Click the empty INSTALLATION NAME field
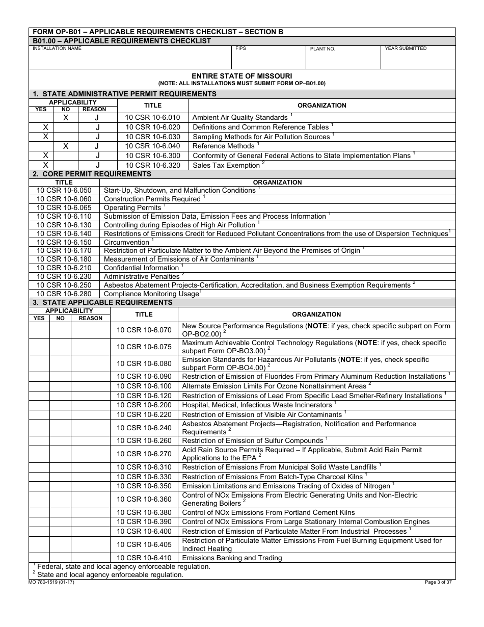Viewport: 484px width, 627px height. [130, 60]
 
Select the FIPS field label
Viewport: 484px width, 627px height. [240, 49]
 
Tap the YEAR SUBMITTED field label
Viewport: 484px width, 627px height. [406, 49]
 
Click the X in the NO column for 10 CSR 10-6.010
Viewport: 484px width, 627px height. [66, 117]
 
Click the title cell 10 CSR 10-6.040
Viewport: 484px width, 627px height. [153, 146]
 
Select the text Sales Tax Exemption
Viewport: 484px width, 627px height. [226, 166]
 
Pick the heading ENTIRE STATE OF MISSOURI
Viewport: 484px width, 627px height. [241, 76]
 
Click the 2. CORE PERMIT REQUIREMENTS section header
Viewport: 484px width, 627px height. [92, 174]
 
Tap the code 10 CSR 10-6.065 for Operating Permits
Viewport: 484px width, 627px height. [64, 208]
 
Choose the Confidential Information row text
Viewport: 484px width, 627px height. [141, 268]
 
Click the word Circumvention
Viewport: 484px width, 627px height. [126, 243]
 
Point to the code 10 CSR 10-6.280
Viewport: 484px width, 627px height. [64, 294]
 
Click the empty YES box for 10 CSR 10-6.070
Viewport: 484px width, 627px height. [39, 330]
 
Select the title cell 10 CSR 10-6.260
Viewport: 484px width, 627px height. [144, 441]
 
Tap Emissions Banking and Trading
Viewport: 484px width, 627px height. [232, 558]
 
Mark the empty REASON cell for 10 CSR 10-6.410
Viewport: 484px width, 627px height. [91, 558]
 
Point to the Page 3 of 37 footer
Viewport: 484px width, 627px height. [438, 583]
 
